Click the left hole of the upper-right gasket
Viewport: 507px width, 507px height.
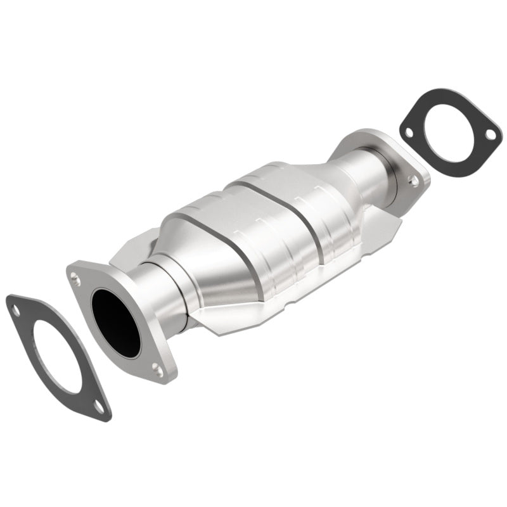click(x=409, y=132)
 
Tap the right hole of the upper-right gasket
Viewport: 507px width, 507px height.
click(x=489, y=134)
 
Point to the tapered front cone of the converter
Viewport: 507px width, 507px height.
click(x=209, y=266)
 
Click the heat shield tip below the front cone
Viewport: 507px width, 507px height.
click(x=215, y=326)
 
